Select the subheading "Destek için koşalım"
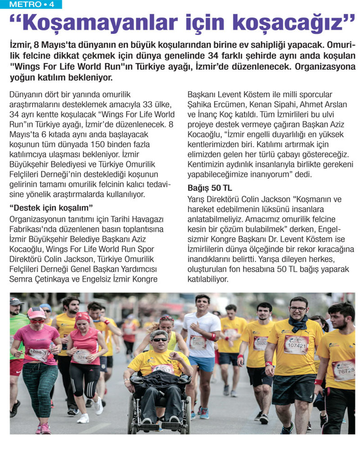coord(50,207)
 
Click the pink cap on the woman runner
coord(36,312)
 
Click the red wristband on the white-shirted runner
coord(213,337)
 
